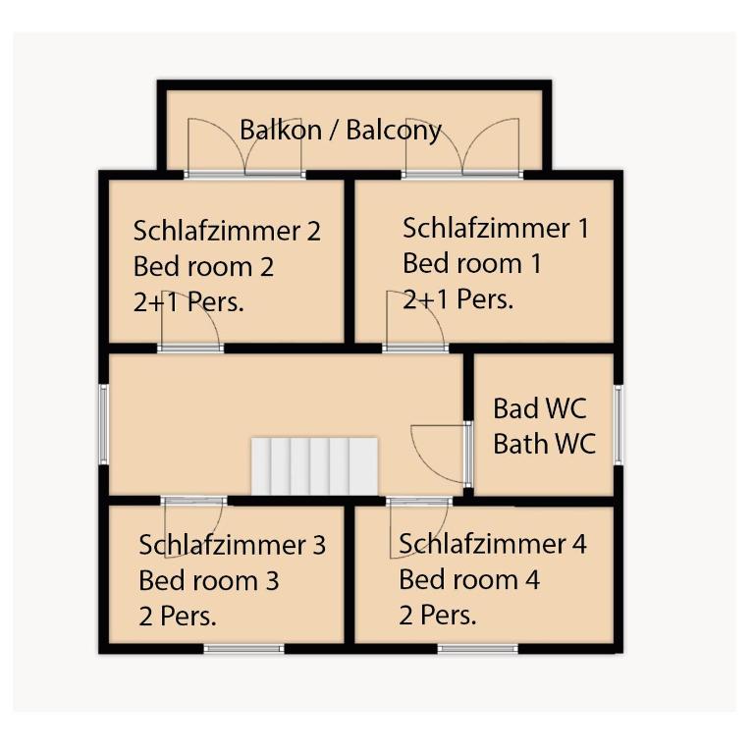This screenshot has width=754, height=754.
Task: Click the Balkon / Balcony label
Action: coord(341,130)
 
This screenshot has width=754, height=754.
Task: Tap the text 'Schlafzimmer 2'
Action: coord(227,231)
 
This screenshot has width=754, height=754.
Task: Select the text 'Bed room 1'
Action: coord(472,263)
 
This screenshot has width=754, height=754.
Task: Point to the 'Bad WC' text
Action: coord(540,408)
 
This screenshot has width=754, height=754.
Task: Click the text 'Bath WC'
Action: coord(544,444)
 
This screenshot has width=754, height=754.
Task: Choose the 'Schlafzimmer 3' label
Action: coord(233,545)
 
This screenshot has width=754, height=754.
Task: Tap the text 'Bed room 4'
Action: coord(469,579)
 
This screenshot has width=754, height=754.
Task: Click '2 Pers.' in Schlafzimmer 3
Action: coord(178,616)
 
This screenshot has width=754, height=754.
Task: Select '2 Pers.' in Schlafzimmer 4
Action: coord(438,615)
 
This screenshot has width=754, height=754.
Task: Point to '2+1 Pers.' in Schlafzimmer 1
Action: coord(458,299)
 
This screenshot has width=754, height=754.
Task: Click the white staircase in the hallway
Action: coord(314,466)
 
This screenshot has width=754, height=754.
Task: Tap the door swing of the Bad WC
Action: coord(440,454)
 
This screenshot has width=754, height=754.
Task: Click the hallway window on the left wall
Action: coord(103,424)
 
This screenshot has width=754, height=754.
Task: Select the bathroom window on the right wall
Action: coord(619,424)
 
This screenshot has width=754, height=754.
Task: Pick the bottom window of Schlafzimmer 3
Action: coord(243,649)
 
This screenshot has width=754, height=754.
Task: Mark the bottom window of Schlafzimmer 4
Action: coord(477,649)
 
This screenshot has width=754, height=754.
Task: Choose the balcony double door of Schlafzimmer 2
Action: coord(244,147)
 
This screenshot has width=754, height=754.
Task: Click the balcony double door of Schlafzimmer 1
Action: coord(462,147)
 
